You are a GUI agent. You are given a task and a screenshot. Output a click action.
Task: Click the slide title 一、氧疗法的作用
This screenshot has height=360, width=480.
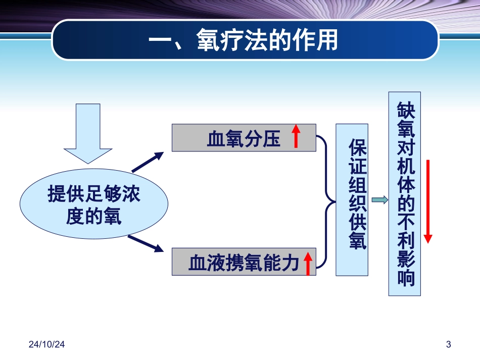[245, 40]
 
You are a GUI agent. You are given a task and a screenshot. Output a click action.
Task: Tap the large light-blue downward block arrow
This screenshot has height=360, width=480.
[88, 132]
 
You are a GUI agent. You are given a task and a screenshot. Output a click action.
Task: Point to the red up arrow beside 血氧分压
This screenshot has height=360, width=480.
[296, 137]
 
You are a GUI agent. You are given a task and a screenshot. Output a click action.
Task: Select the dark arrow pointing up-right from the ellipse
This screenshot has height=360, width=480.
[148, 162]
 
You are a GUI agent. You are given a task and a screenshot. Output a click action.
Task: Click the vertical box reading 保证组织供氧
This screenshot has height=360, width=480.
[353, 200]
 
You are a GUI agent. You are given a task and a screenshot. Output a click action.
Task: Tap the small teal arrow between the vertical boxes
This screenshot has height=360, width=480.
[380, 200]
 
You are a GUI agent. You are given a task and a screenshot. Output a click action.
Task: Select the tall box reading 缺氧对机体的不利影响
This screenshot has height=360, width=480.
[404, 194]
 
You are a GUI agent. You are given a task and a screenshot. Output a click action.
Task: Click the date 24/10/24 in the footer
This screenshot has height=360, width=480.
[46, 344]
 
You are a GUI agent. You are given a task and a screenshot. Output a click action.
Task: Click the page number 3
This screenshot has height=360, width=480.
[448, 344]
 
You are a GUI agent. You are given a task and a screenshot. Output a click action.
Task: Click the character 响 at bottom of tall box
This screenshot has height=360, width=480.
[405, 279]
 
